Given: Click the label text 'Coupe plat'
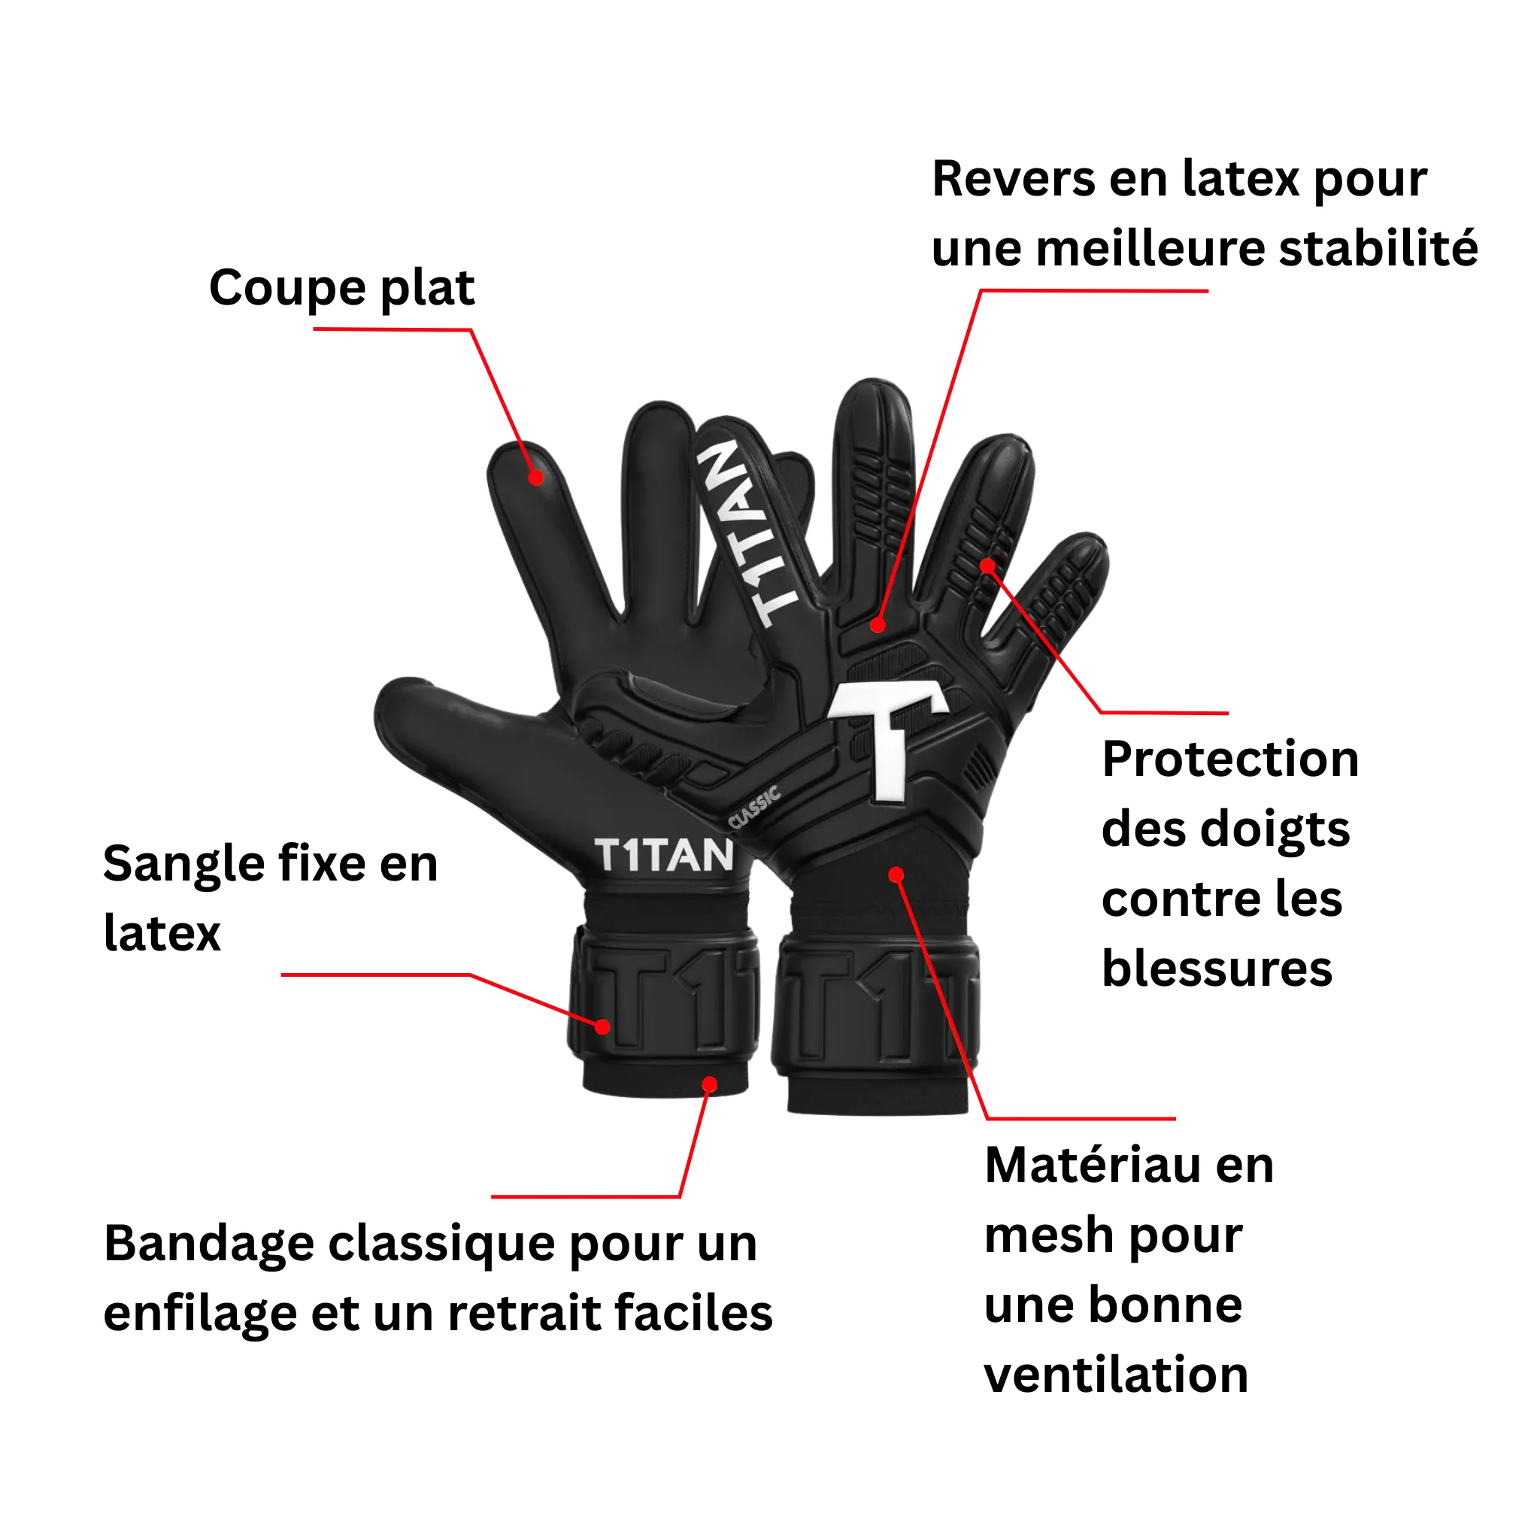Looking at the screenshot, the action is (x=341, y=289).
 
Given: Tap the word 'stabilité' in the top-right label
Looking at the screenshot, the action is (x=1378, y=248).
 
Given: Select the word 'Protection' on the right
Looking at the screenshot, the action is (x=1230, y=759).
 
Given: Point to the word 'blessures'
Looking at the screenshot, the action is (x=1217, y=969).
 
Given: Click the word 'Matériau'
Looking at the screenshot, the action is (x=1093, y=1166).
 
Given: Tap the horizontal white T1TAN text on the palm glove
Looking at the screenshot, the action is (x=664, y=856).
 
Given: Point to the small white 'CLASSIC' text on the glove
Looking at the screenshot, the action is (x=755, y=808).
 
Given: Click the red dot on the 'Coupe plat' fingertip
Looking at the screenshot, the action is (x=536, y=477).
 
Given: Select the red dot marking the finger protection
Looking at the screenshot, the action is (x=987, y=567).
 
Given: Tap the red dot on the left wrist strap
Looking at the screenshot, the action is (x=602, y=1027).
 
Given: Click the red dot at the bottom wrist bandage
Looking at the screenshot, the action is (x=709, y=1084).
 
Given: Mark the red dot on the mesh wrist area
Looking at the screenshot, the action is (x=896, y=875).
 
